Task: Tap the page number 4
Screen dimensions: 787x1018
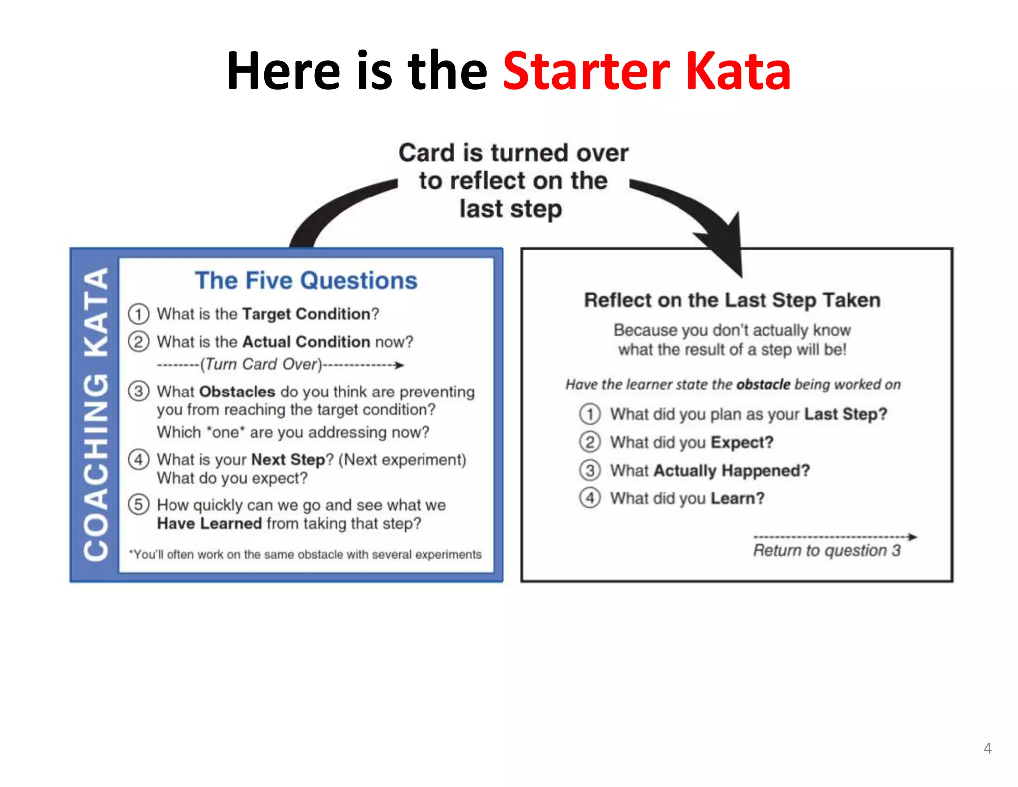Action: pyautogui.click(x=987, y=748)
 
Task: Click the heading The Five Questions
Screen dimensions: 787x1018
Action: pyautogui.click(x=306, y=280)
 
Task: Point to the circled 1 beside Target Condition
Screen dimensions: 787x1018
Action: pyautogui.click(x=139, y=314)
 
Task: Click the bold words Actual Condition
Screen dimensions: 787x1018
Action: pyautogui.click(x=306, y=342)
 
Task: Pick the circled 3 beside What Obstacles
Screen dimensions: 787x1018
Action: pyautogui.click(x=139, y=391)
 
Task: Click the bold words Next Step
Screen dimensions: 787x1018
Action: pyautogui.click(x=288, y=459)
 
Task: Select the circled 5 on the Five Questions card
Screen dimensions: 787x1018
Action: pyautogui.click(x=139, y=504)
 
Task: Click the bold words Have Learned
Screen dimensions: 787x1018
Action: pyautogui.click(x=209, y=523)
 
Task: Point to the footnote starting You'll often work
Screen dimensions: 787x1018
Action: pyautogui.click(x=305, y=554)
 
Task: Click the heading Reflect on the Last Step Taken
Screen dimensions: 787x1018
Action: pyautogui.click(x=732, y=300)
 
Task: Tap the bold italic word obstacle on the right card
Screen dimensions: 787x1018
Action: pyautogui.click(x=763, y=384)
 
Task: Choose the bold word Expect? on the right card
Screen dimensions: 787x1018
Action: pyautogui.click(x=742, y=442)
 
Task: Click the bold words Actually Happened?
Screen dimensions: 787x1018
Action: pyautogui.click(x=731, y=470)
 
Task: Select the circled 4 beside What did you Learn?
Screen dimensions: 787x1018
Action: pyautogui.click(x=590, y=498)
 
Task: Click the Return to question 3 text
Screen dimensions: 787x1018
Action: pyautogui.click(x=826, y=550)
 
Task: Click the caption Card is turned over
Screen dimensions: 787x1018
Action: pyautogui.click(x=513, y=153)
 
